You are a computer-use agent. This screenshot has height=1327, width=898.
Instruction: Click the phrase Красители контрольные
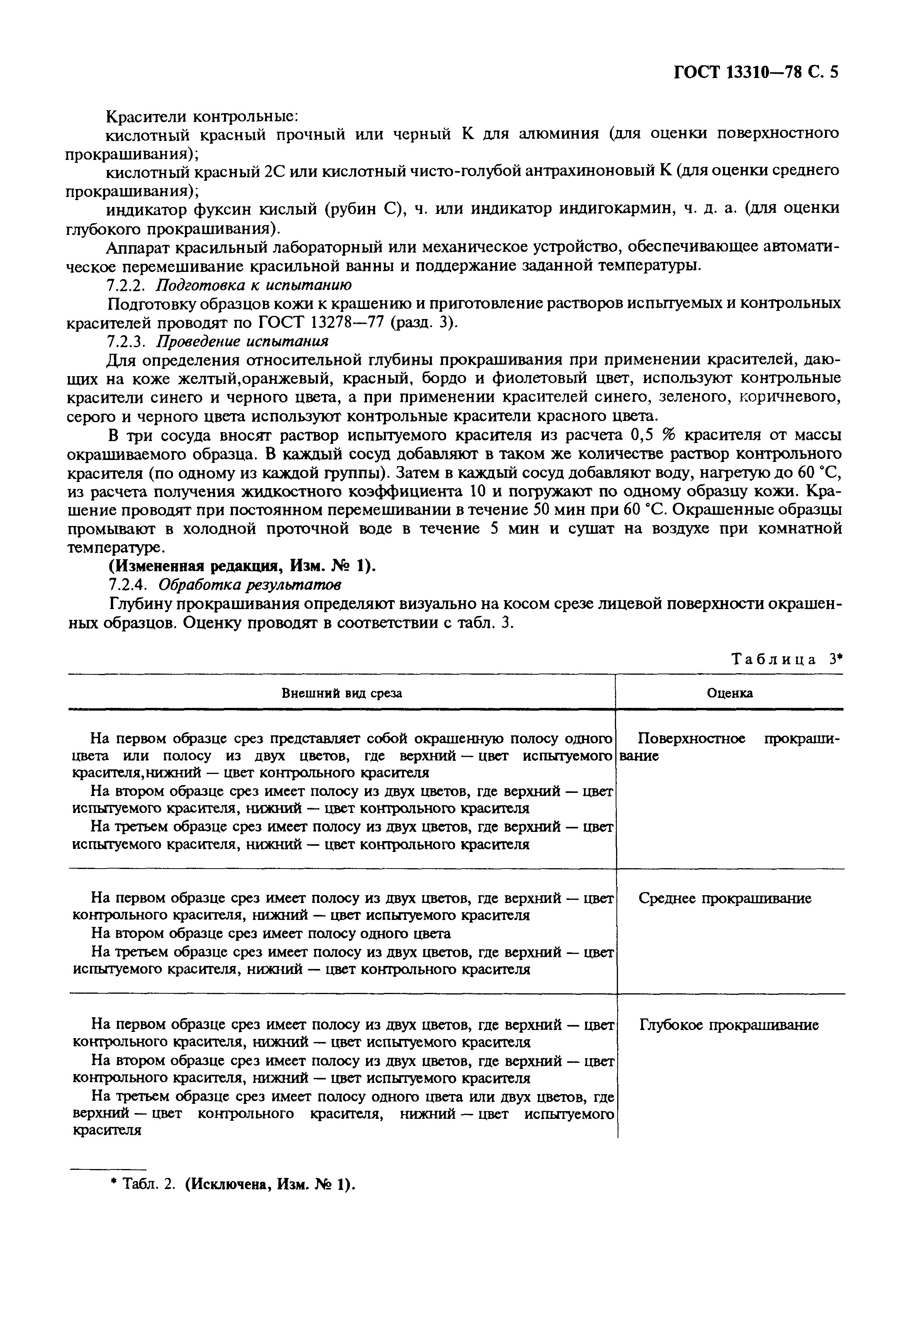pyautogui.click(x=203, y=116)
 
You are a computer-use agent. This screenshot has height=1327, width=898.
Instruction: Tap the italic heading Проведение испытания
pyautogui.click(x=243, y=341)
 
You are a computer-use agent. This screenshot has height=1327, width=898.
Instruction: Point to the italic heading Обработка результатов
pyautogui.click(x=250, y=585)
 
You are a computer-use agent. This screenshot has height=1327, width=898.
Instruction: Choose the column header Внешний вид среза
pyautogui.click(x=342, y=693)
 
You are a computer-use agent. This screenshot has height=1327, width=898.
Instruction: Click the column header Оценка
pyautogui.click(x=730, y=693)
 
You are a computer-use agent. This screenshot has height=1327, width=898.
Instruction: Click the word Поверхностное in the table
pyautogui.click(x=691, y=739)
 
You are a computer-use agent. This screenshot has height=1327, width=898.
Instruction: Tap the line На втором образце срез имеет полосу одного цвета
pyautogui.click(x=271, y=933)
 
